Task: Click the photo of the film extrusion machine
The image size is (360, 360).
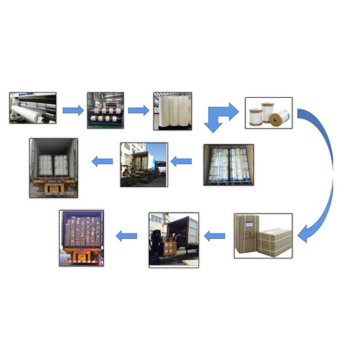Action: click(33, 108)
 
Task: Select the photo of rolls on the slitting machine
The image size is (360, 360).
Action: click(105, 110)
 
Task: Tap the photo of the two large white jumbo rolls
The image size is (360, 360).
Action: click(172, 111)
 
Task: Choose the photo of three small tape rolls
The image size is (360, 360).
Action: click(269, 113)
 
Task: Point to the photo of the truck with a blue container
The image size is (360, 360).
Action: click(143, 164)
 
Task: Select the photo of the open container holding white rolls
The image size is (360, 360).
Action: click(55, 167)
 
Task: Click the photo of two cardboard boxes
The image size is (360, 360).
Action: click(263, 236)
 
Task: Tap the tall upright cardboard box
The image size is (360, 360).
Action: click(248, 233)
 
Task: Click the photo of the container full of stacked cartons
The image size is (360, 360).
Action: click(81, 238)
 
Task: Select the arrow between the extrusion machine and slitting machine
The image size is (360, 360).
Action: click(73, 110)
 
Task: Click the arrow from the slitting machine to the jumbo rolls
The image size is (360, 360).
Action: click(138, 110)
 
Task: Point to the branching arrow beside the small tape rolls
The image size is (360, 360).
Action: click(220, 116)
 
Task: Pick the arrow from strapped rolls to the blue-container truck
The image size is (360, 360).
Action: click(181, 161)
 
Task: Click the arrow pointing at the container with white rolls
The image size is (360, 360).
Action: click(102, 161)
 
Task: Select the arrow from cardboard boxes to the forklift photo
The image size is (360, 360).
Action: click(214, 236)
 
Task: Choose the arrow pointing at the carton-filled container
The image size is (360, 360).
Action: click(126, 236)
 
